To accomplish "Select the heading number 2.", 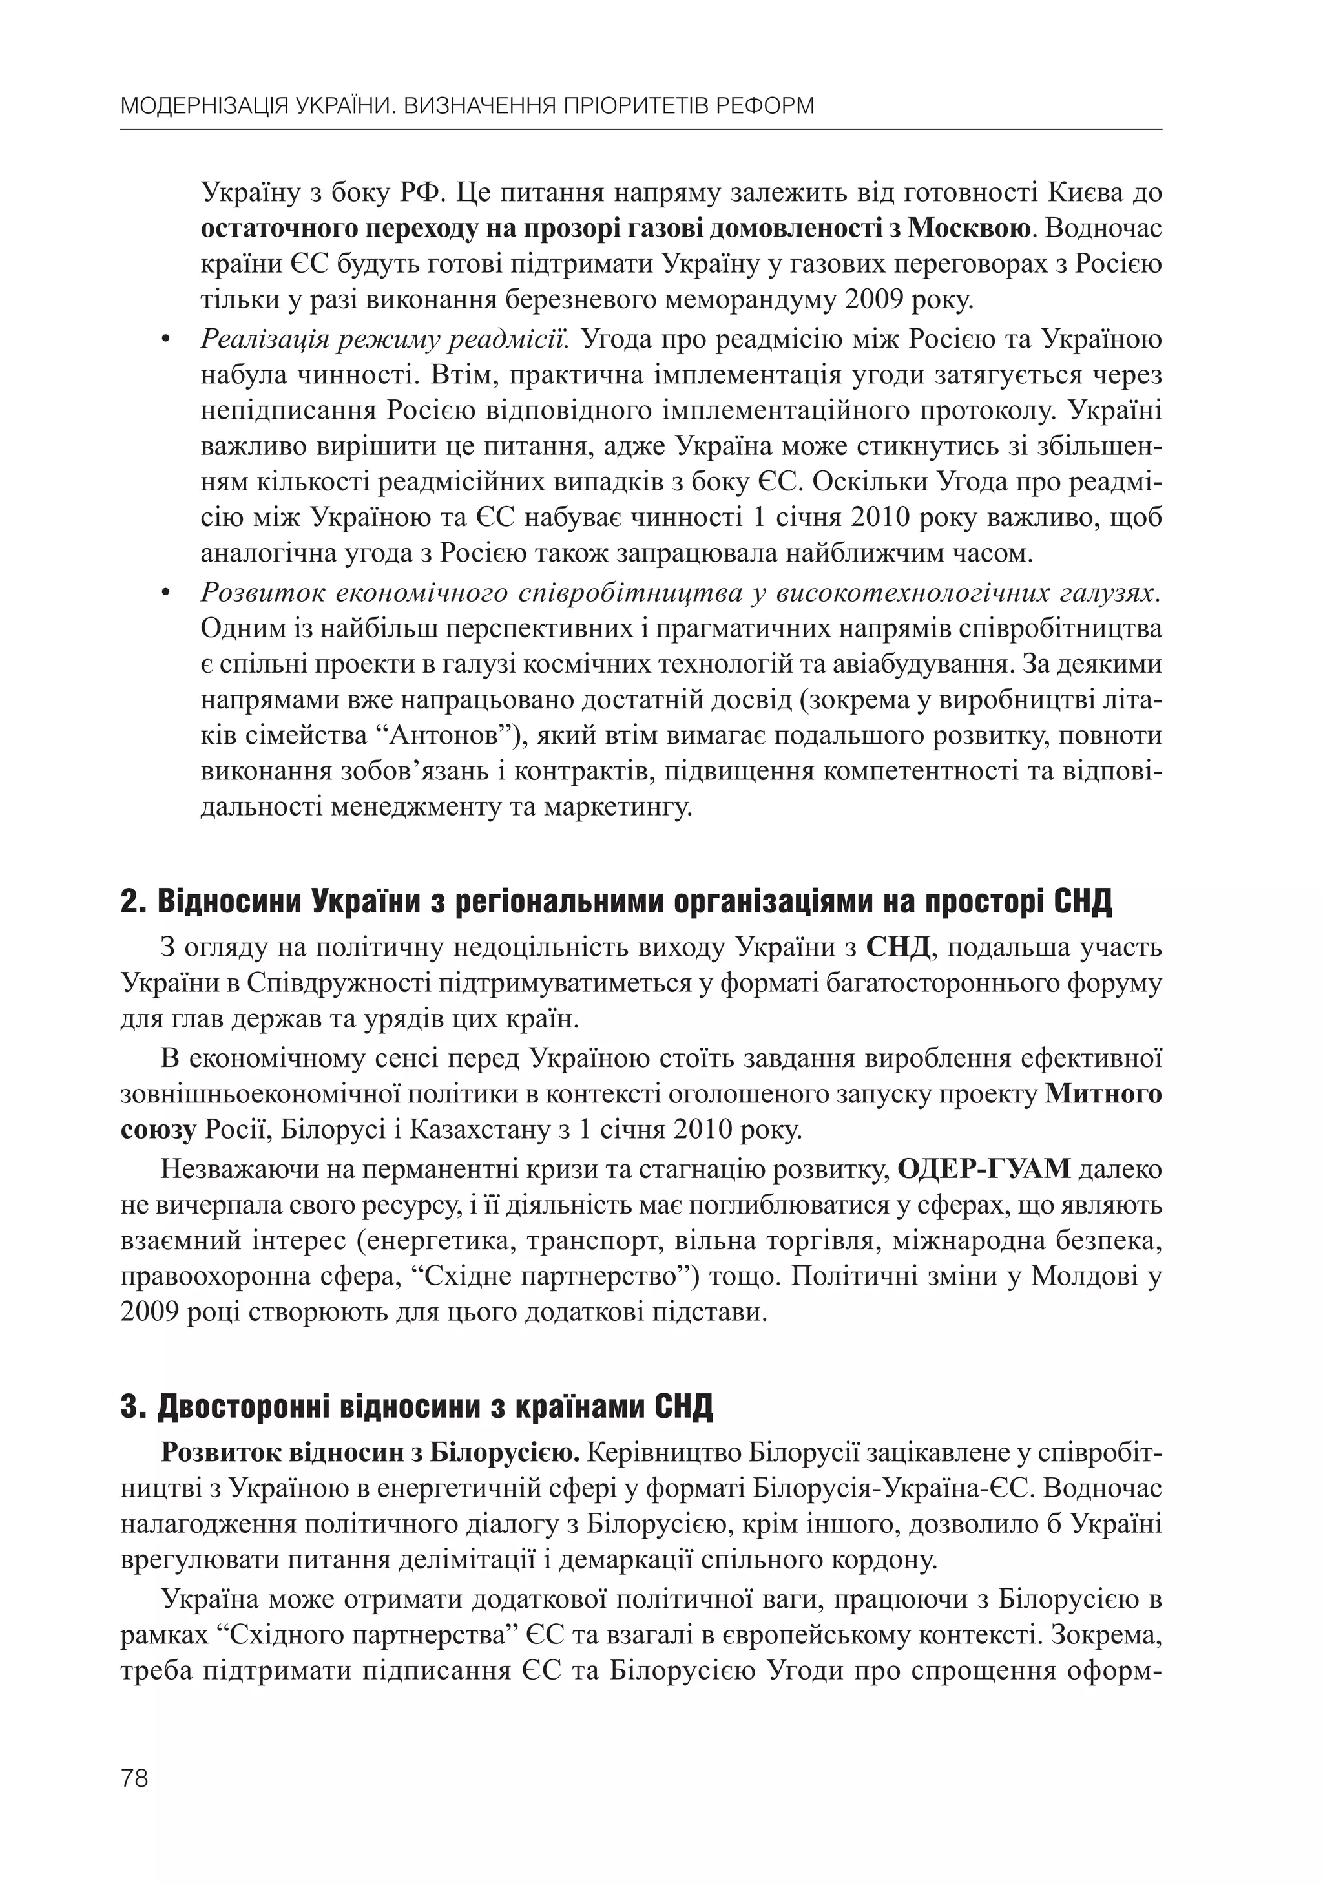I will coord(131,902).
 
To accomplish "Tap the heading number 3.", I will coord(131,1407).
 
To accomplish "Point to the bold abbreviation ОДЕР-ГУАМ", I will coord(984,1168).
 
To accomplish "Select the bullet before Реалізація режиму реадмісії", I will coord(166,341).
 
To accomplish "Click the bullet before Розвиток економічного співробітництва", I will coord(166,593).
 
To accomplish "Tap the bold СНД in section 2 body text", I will coord(898,947).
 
